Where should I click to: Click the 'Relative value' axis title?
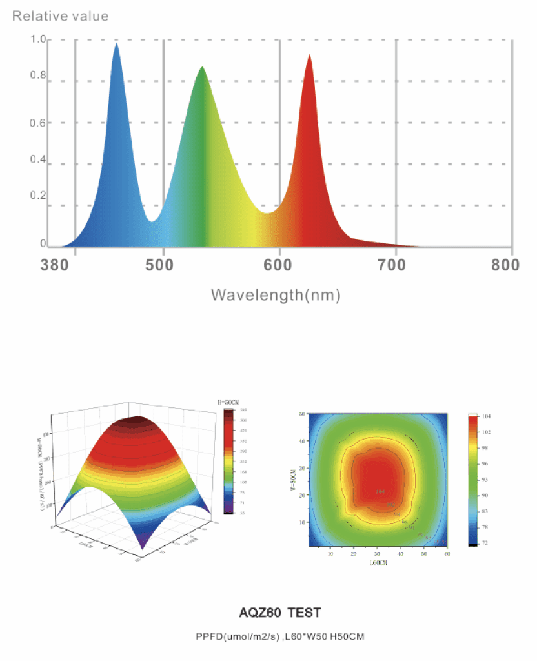coord(61,16)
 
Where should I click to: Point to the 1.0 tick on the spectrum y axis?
coord(38,40)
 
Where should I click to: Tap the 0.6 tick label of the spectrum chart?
coord(38,123)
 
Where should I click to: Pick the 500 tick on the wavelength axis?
coord(163,266)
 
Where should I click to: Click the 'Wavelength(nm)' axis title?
coord(276,295)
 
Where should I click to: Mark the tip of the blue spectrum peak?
coord(117,44)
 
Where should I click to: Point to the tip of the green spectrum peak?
coord(203,67)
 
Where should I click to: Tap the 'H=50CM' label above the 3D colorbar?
coord(229,403)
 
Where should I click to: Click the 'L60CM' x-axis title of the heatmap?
coord(378,563)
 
